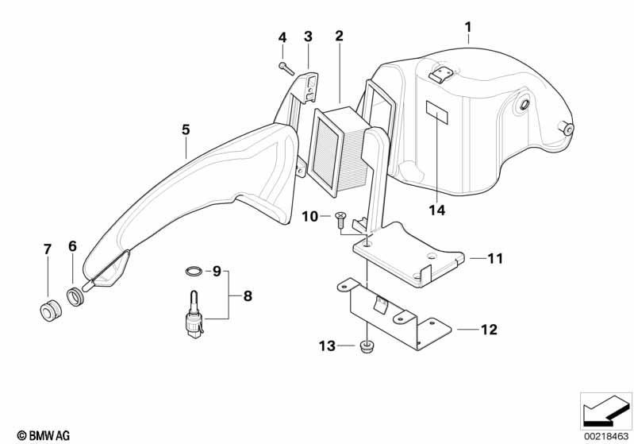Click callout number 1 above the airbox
[x=468, y=28]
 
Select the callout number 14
[x=437, y=210]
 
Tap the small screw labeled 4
[x=286, y=68]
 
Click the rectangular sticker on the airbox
[x=437, y=112]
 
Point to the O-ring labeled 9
[x=194, y=271]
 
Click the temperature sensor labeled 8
[x=194, y=313]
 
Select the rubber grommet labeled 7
[x=51, y=310]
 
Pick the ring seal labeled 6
[x=75, y=295]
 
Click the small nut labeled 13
[x=367, y=348]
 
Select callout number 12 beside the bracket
[x=489, y=330]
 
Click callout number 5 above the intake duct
[x=186, y=130]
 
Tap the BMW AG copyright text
[x=44, y=435]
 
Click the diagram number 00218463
[x=606, y=436]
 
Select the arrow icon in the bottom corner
[x=606, y=411]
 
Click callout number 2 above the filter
[x=339, y=36]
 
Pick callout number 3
[x=308, y=37]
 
